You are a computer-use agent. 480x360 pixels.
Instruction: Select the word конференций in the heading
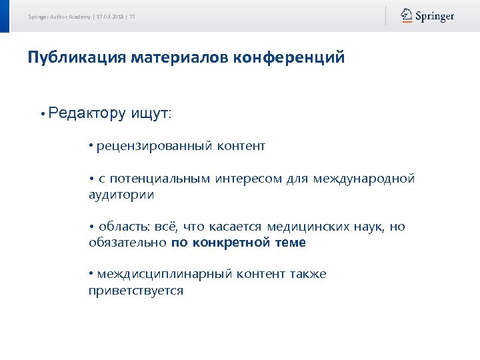tap(289, 57)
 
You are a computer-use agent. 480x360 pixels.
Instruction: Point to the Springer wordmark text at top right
tap(435, 16)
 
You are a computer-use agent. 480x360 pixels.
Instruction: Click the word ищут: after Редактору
tap(151, 113)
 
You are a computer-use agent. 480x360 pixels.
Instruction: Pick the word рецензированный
tap(154, 145)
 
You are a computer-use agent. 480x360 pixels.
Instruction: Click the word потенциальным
tap(159, 179)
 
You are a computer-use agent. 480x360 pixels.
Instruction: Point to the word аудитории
tap(121, 195)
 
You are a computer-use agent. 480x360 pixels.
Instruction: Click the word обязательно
tap(127, 243)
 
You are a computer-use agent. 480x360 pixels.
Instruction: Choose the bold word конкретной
tap(231, 243)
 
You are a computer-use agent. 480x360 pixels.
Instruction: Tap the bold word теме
tap(290, 243)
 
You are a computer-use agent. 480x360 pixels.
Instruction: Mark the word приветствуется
tap(135, 291)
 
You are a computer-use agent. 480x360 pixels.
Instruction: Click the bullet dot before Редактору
tap(42, 114)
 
